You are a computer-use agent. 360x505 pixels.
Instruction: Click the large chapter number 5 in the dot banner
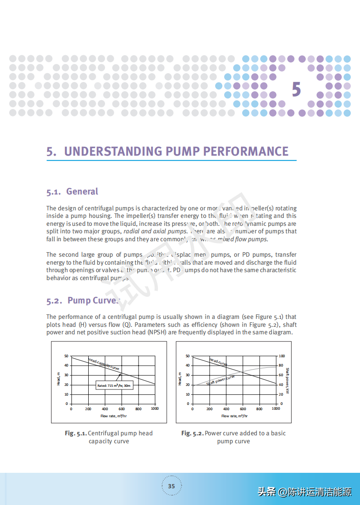(x=296, y=90)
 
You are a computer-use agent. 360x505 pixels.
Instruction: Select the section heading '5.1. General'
(x=72, y=191)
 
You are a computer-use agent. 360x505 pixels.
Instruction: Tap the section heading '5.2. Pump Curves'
(x=83, y=301)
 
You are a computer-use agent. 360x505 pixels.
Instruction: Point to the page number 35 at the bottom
(x=172, y=486)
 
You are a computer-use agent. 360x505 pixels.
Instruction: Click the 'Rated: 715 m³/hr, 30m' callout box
(x=114, y=385)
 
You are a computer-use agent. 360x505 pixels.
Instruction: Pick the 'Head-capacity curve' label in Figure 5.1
(x=104, y=364)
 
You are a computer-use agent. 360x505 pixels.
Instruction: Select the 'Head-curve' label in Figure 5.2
(x=218, y=362)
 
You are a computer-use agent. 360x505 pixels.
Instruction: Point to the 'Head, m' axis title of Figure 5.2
(x=180, y=379)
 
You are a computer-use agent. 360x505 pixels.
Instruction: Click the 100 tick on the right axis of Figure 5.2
(x=281, y=356)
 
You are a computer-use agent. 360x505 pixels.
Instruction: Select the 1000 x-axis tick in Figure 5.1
(x=155, y=409)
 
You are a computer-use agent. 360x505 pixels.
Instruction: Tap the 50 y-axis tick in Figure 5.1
(x=66, y=356)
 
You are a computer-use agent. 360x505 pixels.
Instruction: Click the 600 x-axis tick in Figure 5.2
(x=243, y=409)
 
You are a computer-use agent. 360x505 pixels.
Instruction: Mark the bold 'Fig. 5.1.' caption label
(x=75, y=433)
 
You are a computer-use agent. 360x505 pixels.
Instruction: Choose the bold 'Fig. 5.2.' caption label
(x=192, y=433)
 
